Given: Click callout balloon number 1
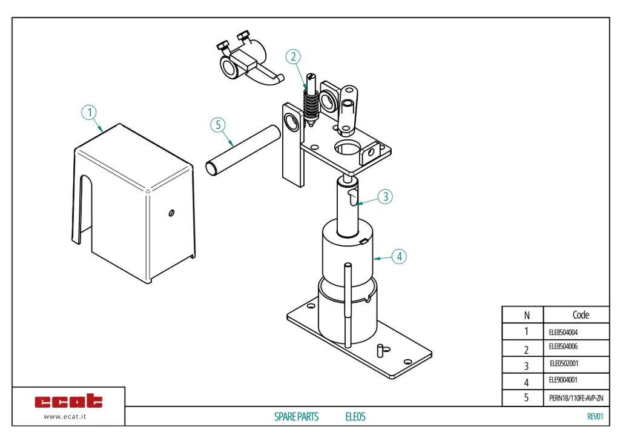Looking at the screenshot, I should pyautogui.click(x=89, y=113).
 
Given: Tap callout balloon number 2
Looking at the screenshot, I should pyautogui.click(x=293, y=57).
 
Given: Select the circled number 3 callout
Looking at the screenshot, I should pyautogui.click(x=385, y=197).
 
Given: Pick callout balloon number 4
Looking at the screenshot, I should pyautogui.click(x=399, y=256).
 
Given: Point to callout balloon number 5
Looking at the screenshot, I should pyautogui.click(x=218, y=125).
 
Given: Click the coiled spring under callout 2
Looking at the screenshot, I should pyautogui.click(x=311, y=105).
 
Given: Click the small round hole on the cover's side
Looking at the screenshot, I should pyautogui.click(x=172, y=212).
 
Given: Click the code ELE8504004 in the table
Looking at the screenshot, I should pyautogui.click(x=563, y=332).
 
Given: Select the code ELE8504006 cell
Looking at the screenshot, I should pyautogui.click(x=563, y=347).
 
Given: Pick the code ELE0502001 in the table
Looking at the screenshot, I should pyautogui.click(x=564, y=364).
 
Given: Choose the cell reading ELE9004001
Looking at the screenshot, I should pyautogui.click(x=563, y=380).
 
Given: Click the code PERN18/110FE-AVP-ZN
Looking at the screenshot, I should pyautogui.click(x=576, y=398).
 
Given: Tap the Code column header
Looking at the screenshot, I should pyautogui.click(x=580, y=314).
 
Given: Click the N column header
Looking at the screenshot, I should pyautogui.click(x=526, y=315).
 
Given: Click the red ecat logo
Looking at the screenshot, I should pyautogui.click(x=68, y=401).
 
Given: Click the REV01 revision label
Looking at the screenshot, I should pyautogui.click(x=595, y=416).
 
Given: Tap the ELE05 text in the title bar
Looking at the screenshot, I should pyautogui.click(x=355, y=417).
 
